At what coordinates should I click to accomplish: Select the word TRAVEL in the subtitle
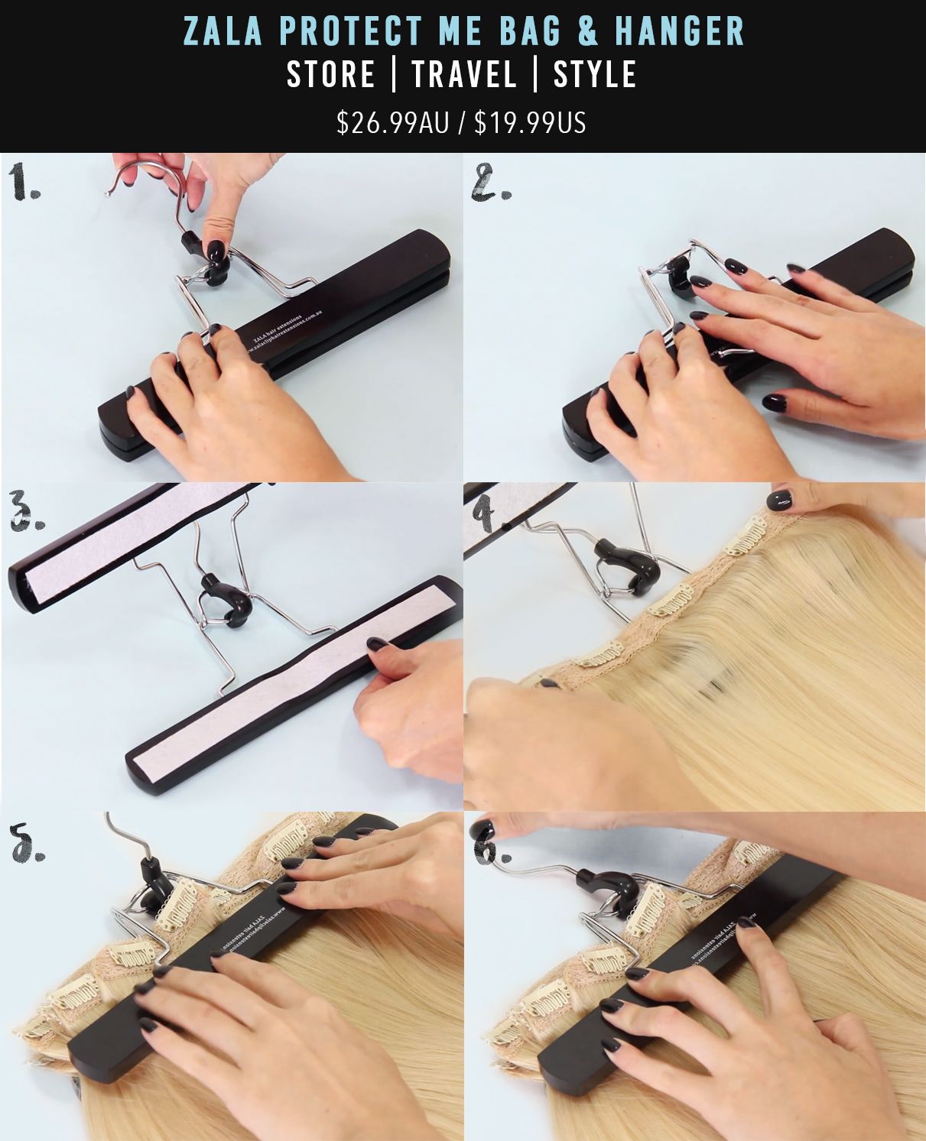coord(464,75)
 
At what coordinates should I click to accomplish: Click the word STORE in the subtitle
coord(331,75)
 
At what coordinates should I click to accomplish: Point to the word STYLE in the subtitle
coord(595,75)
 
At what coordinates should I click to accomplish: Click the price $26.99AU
coord(393,122)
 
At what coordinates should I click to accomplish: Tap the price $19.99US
coord(530,122)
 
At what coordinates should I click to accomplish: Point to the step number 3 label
coord(25,513)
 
